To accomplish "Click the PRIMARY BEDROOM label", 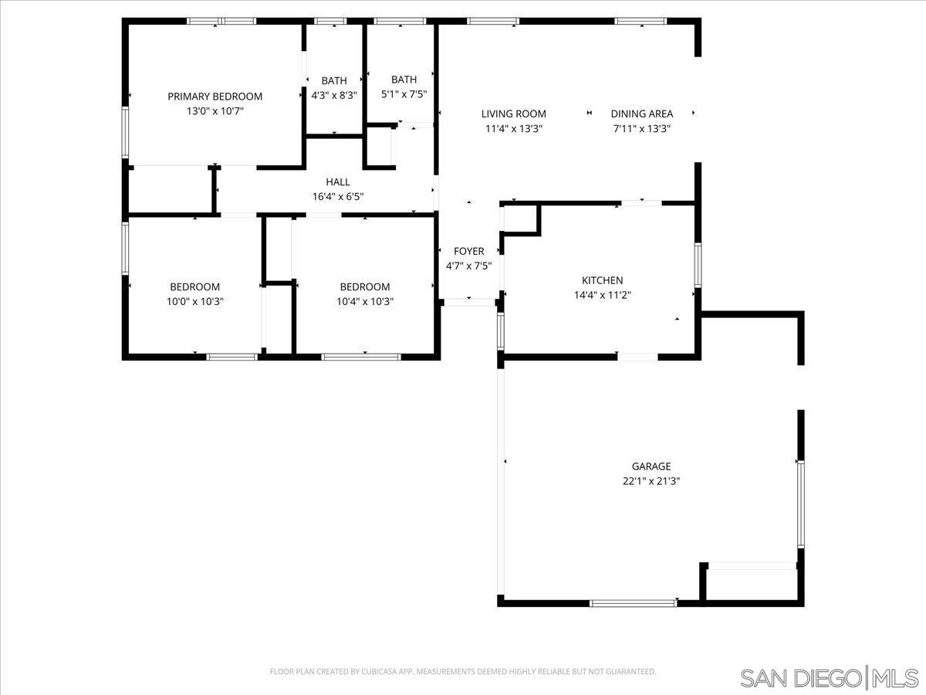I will [215, 97].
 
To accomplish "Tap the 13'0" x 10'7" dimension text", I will [215, 111].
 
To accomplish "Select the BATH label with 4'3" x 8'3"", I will [334, 80].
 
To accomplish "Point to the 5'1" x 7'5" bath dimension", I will [404, 94].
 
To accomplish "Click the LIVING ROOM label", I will [513, 114].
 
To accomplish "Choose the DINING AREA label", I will [641, 114].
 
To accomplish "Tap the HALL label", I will [337, 182].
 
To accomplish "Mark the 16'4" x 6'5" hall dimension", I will [337, 197].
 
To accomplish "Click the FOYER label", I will [468, 252].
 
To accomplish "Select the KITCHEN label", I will [602, 280].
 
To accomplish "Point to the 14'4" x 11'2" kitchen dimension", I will [602, 294].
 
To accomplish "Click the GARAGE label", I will [651, 466].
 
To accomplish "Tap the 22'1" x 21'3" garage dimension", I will [651, 480].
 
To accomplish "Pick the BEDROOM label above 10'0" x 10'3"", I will [194, 287].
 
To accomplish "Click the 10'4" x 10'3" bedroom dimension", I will [364, 302].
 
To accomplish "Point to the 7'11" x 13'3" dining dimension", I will [641, 129].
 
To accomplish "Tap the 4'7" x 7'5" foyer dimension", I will [468, 266].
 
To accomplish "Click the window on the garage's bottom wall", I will [634, 602].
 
